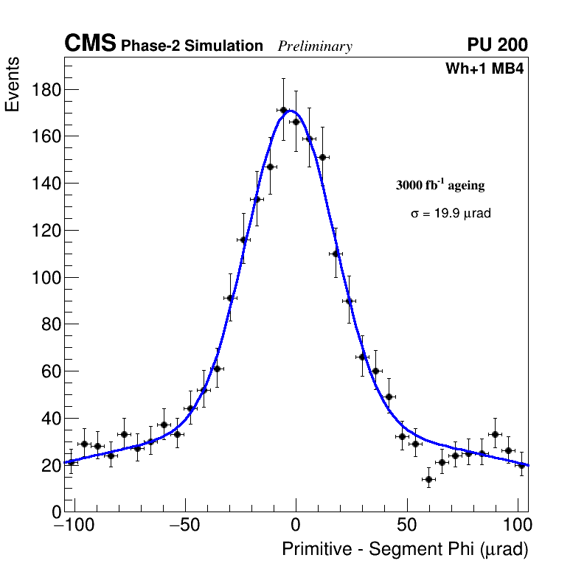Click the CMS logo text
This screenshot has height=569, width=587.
click(x=90, y=44)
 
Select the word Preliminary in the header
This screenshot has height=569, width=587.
click(x=315, y=46)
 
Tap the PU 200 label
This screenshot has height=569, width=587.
click(x=498, y=45)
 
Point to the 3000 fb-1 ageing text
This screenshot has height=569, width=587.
click(x=440, y=185)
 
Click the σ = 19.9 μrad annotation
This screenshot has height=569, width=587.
click(x=451, y=214)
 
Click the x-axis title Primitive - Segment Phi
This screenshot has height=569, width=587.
click(x=405, y=549)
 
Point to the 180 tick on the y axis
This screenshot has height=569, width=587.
click(x=46, y=90)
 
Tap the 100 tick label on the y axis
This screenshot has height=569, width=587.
click(x=46, y=278)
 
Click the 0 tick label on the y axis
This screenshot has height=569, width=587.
click(x=55, y=512)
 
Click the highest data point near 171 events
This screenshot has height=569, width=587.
click(x=283, y=111)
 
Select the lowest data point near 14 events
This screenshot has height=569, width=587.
click(x=428, y=479)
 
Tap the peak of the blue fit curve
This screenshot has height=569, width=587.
click(x=290, y=111)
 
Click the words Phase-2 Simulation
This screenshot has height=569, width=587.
click(x=192, y=46)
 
